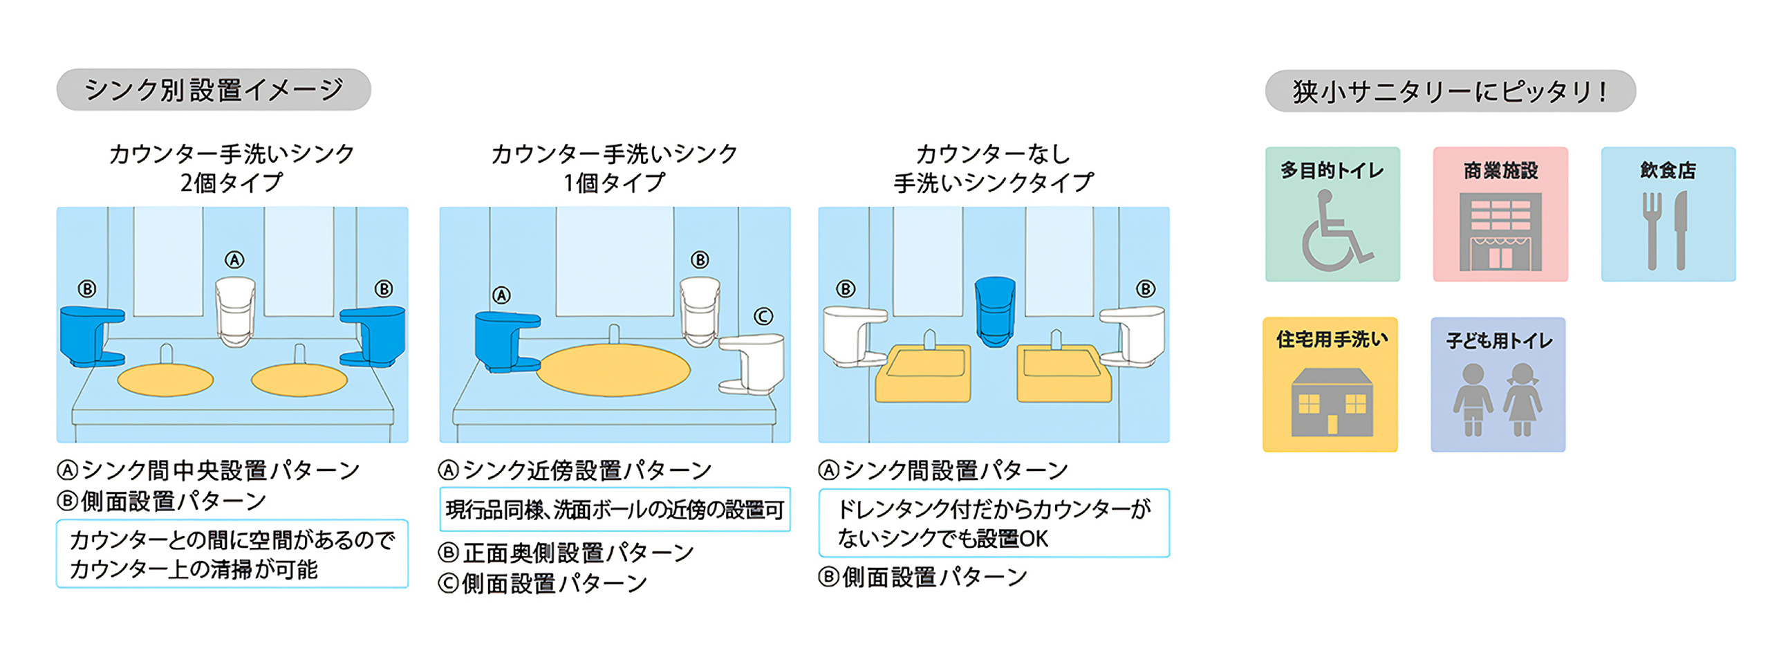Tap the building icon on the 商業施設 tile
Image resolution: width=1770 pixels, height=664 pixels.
(x=1500, y=232)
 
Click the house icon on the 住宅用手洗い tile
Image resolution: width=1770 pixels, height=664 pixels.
(x=1332, y=403)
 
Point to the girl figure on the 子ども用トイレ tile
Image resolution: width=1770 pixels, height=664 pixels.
(x=1522, y=400)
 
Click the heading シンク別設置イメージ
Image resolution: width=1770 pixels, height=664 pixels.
(x=214, y=90)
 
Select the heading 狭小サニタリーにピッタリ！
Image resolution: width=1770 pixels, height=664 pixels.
(x=1450, y=91)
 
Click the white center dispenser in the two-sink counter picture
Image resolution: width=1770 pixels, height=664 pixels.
(x=235, y=311)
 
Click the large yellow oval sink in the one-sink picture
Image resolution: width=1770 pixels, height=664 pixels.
(x=613, y=370)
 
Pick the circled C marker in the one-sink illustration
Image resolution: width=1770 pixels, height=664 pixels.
(x=763, y=317)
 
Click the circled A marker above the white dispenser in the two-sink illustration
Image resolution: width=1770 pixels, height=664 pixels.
(x=234, y=260)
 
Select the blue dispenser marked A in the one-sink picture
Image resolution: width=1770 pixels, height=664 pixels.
(x=507, y=342)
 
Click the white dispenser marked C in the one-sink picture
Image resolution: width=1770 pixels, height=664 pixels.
(x=752, y=364)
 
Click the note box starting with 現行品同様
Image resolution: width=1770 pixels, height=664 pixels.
(x=615, y=510)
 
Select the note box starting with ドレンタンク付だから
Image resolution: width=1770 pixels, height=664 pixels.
(x=994, y=524)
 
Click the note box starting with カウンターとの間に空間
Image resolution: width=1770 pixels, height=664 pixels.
(x=232, y=554)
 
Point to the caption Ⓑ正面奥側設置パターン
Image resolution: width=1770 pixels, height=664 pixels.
(x=566, y=553)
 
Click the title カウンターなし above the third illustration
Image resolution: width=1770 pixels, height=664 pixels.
(x=993, y=154)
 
